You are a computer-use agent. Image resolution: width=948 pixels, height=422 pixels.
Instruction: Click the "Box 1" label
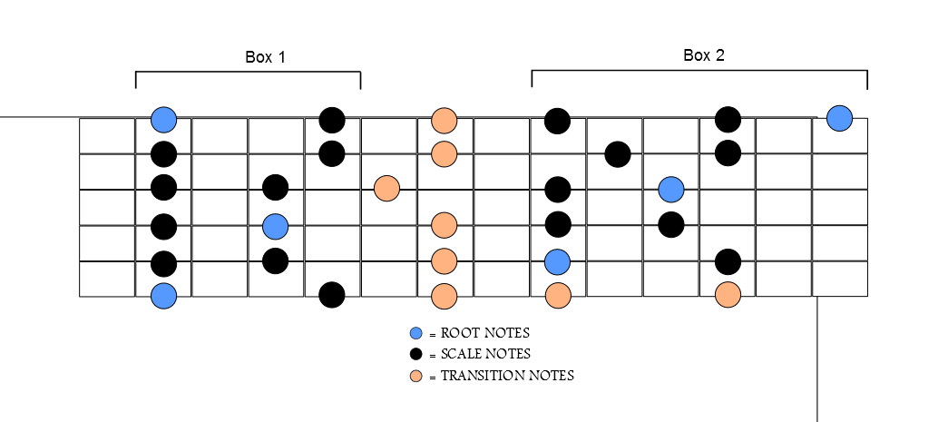point(265,57)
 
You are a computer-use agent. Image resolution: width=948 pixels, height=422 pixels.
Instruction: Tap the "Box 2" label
point(703,55)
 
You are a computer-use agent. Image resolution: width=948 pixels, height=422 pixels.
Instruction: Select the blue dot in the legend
point(416,333)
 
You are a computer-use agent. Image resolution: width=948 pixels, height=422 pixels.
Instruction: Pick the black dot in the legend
point(416,354)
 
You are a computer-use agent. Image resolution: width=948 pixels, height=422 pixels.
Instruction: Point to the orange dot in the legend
point(416,375)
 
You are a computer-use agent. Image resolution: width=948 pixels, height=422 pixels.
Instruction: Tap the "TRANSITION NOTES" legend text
point(506,375)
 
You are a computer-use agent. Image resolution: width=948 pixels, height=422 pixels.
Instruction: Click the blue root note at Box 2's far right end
point(840,117)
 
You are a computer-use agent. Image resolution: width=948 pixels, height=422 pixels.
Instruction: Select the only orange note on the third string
point(387,189)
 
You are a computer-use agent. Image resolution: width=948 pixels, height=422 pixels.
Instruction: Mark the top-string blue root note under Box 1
point(163,119)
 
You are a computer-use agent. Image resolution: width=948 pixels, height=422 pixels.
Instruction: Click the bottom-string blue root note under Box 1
point(163,295)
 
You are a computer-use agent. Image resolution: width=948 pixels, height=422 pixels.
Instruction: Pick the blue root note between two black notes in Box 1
point(275,225)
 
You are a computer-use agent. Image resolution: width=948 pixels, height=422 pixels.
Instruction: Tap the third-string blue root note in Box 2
point(670,189)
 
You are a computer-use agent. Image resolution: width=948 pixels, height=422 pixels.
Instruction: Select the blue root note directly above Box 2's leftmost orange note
point(557,262)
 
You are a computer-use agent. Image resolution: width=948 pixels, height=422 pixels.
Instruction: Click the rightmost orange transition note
point(728,295)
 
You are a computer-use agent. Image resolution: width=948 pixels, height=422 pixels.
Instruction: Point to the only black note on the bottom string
point(331,295)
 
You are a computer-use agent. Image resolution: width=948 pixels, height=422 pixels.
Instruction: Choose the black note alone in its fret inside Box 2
point(617,154)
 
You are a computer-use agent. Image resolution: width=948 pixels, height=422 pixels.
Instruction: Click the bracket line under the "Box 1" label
point(248,72)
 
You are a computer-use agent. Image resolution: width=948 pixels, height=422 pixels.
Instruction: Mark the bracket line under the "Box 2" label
point(699,70)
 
